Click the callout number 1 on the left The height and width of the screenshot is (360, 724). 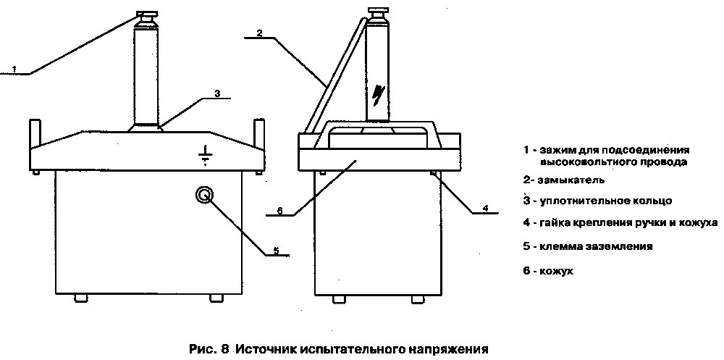14,69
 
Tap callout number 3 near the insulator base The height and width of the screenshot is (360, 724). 217,93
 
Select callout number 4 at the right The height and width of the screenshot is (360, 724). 486,208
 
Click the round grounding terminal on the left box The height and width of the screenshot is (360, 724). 205,195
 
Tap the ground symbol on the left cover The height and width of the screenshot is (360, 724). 206,156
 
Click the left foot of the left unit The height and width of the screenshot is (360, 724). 80,297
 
